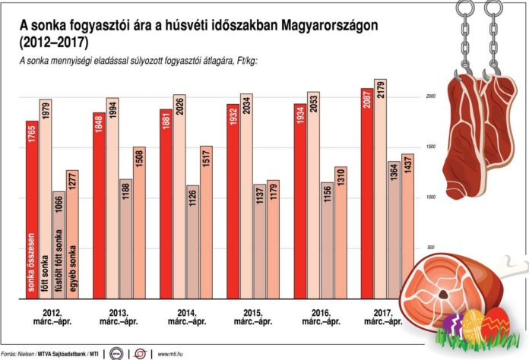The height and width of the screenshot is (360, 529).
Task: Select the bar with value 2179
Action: pyautogui.click(x=380, y=197)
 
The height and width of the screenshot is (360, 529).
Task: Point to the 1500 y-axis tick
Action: pyautogui.click(x=431, y=147)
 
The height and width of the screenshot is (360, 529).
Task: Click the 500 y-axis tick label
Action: pyautogui.click(x=430, y=248)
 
